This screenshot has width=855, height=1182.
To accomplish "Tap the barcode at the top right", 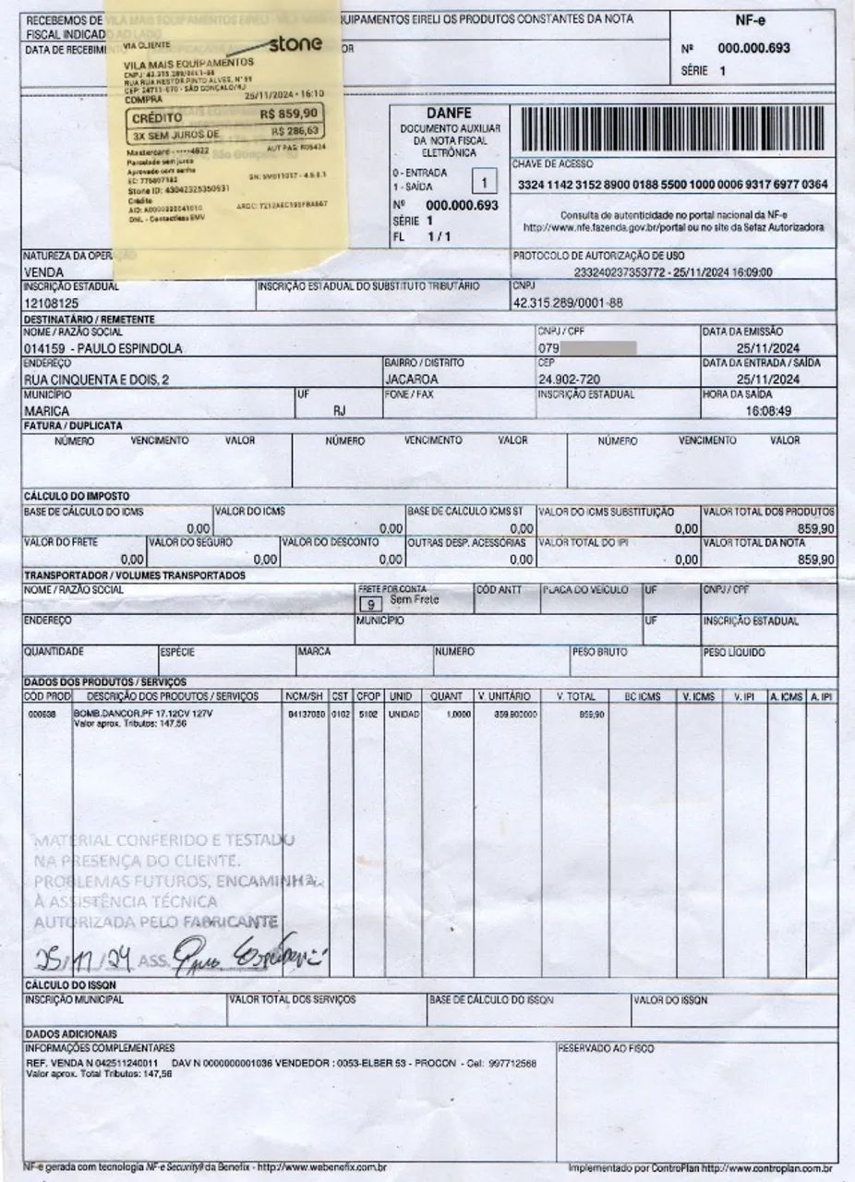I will [x=673, y=129].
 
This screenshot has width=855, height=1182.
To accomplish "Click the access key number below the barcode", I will [x=673, y=185].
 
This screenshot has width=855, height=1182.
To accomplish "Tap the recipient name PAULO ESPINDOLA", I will [x=102, y=348].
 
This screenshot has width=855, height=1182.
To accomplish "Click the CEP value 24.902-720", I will [x=571, y=379].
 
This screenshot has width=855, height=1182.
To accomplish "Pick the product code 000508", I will [x=42, y=714].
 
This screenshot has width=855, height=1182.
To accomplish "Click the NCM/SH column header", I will [x=304, y=696].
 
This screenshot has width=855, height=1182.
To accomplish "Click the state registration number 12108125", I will [x=51, y=302].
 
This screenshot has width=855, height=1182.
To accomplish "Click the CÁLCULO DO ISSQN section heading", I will [x=70, y=984].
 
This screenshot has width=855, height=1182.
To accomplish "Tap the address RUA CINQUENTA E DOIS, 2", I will [x=96, y=379].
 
